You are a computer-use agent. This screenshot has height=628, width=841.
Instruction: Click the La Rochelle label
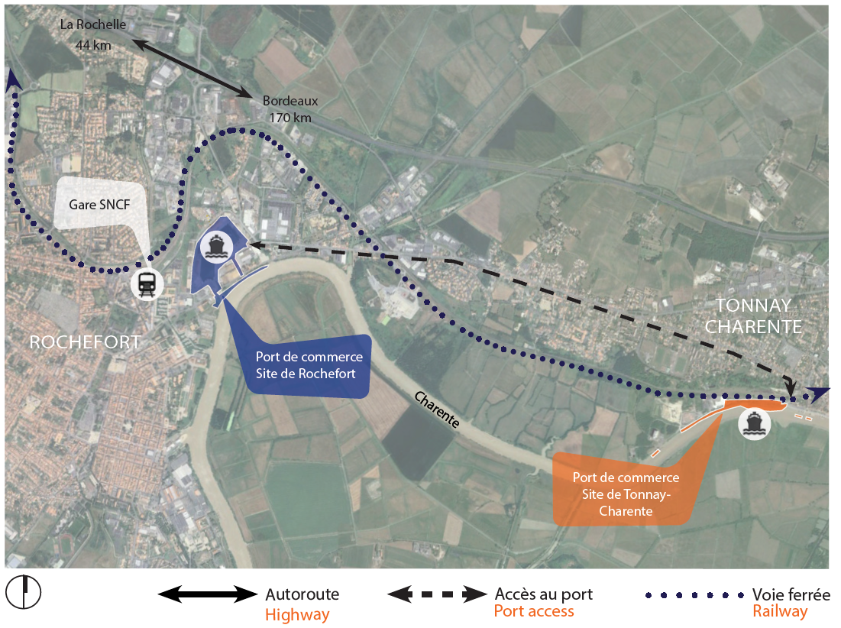coord(93,25)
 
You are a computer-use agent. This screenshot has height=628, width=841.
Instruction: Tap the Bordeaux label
coord(290,100)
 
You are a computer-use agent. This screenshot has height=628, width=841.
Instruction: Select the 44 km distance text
coord(93,44)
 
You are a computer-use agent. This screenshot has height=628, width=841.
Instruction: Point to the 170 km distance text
coord(290,118)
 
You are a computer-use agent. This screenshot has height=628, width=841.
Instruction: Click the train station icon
coord(146,284)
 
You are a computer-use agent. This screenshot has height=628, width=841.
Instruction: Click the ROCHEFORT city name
coord(85,342)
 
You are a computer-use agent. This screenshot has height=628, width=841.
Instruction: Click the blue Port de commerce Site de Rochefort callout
coord(309,366)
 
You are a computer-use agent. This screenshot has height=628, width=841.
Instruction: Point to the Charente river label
coord(436,410)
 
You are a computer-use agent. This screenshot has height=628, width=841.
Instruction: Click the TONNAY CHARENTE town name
coord(753,316)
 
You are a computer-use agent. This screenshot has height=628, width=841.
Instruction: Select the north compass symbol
coord(24,591)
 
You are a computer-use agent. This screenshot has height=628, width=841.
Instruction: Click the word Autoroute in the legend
coord(302,594)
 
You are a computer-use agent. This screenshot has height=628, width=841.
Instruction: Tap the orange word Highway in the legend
coord(297,614)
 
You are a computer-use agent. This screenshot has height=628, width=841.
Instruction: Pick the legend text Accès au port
coord(543,594)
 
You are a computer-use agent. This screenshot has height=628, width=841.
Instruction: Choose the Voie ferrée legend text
coord(791,594)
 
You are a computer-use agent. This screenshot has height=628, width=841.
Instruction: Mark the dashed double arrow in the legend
coord(437,594)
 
